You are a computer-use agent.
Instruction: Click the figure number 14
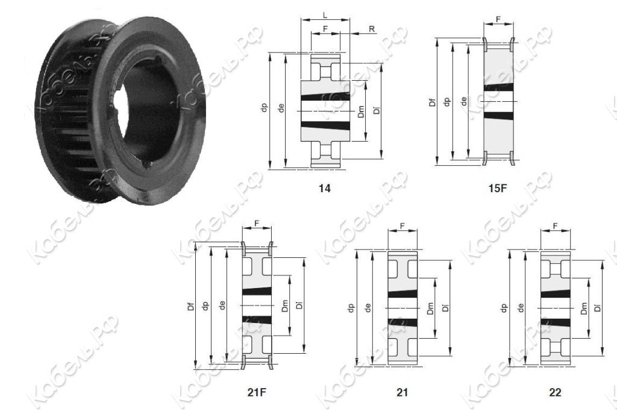click(x=325, y=189)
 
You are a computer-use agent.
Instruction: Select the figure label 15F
click(x=498, y=189)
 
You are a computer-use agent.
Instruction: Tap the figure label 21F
click(x=257, y=392)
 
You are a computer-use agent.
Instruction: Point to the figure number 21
click(x=402, y=392)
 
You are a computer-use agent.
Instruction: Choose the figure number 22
click(x=555, y=392)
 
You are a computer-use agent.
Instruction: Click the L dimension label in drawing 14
click(x=325, y=15)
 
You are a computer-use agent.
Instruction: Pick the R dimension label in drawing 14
click(x=372, y=29)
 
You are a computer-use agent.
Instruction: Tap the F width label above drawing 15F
click(x=498, y=19)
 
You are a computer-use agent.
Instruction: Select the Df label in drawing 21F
click(x=191, y=306)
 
